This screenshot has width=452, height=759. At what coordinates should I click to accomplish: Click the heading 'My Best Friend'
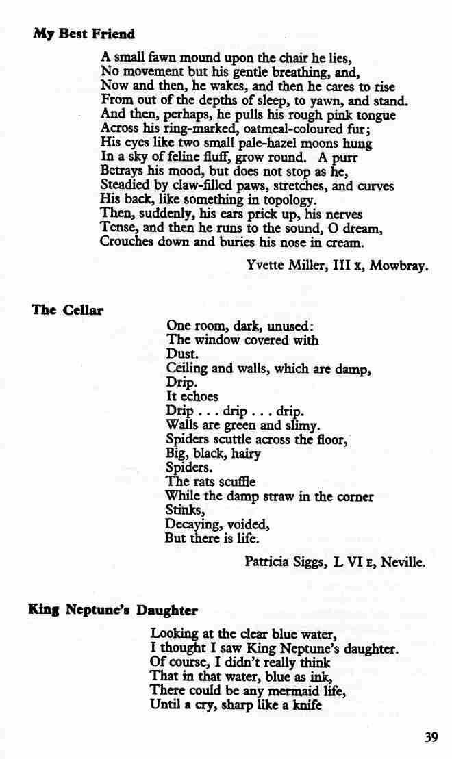[84, 34]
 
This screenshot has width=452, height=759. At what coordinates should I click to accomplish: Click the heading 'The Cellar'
[67, 309]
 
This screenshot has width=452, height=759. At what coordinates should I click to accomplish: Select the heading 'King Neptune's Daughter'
[113, 610]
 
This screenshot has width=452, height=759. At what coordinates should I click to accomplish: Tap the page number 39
[431, 736]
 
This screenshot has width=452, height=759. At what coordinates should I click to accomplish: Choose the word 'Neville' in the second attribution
[403, 563]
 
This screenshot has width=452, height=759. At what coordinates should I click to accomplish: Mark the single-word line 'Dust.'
[182, 355]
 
